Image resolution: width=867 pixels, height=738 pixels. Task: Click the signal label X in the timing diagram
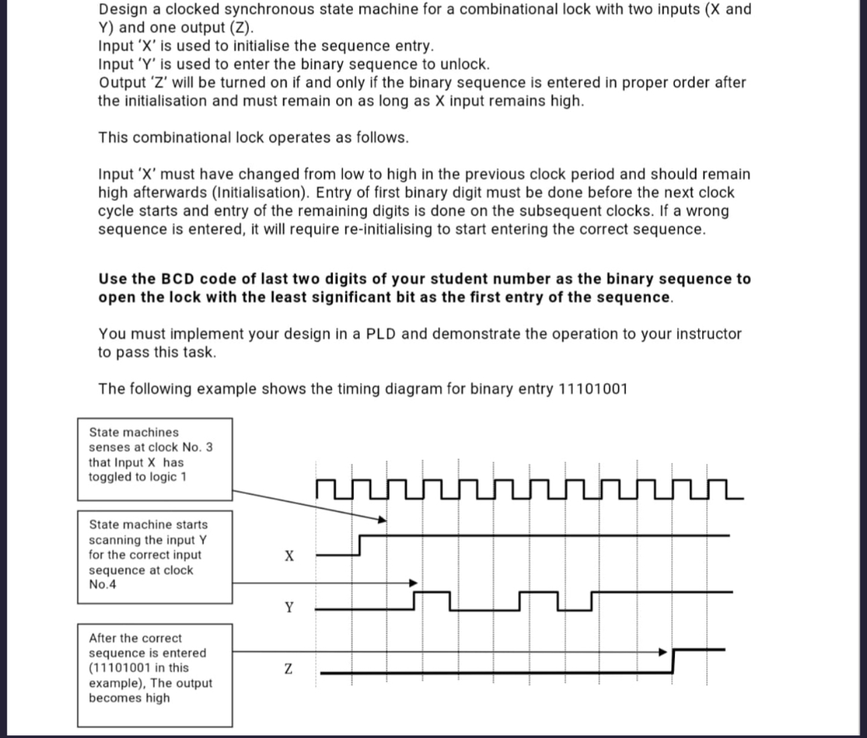288,556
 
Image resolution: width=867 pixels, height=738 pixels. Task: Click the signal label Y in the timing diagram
288,608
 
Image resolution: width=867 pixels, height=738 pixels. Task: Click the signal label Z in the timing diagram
288,669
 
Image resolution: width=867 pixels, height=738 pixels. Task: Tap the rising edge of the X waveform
361,545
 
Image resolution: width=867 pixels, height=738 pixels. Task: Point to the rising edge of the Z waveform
673,661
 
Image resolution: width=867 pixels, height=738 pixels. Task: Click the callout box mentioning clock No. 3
155,459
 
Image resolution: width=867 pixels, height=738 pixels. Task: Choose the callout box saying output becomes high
155,675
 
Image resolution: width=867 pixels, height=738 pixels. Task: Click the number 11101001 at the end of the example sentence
593,389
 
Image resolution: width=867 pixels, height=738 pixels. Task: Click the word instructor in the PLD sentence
702,334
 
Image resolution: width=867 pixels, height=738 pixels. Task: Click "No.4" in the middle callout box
102,584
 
